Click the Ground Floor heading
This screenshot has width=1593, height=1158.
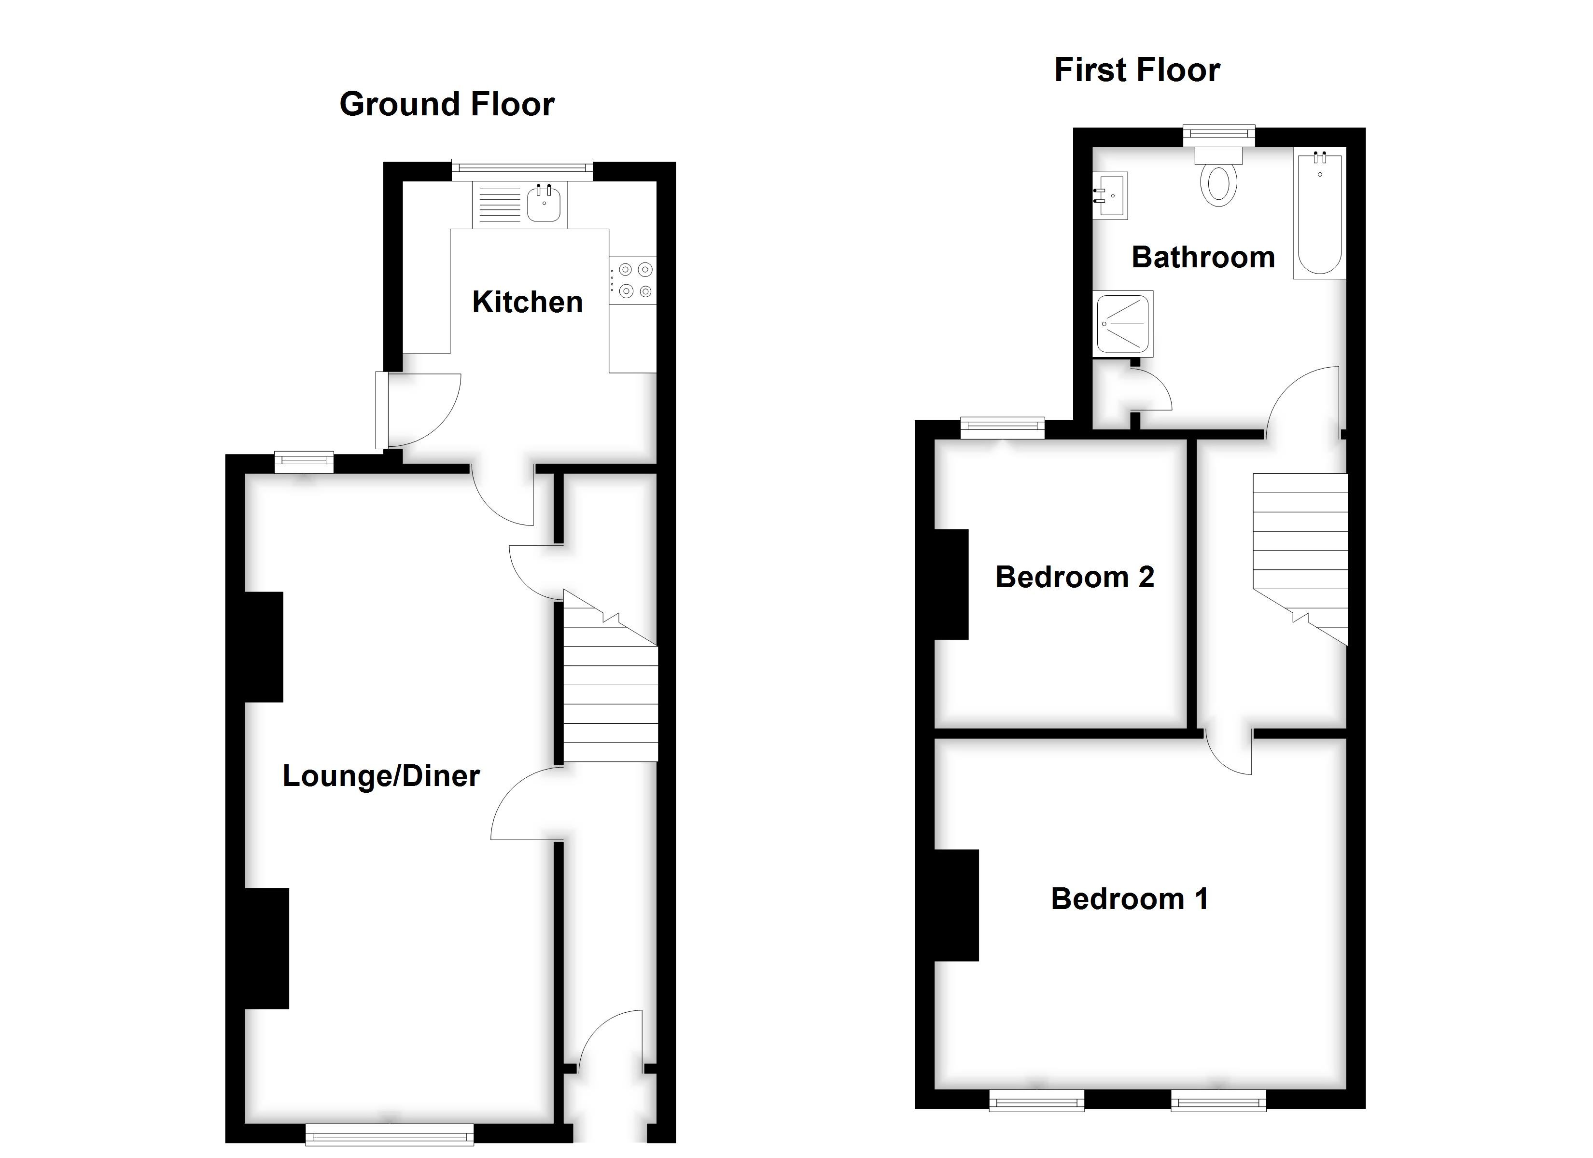click(x=447, y=104)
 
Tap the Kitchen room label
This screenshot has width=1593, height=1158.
click(x=527, y=302)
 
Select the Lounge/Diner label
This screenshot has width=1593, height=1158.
click(x=381, y=776)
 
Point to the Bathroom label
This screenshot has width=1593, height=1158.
click(x=1202, y=257)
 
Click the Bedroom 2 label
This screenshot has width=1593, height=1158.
click(x=1074, y=577)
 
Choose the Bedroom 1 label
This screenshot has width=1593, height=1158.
click(x=1129, y=899)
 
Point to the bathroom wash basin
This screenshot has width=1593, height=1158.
click(x=1110, y=195)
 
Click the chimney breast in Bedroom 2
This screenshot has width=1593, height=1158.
click(x=951, y=584)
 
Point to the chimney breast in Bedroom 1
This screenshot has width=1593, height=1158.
click(x=956, y=905)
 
